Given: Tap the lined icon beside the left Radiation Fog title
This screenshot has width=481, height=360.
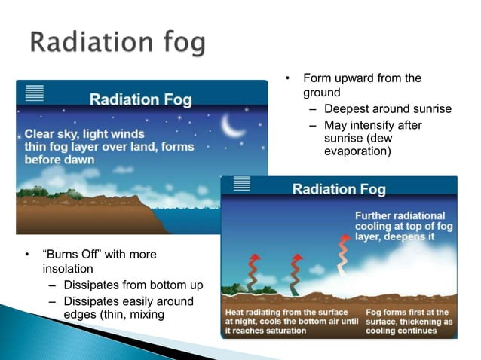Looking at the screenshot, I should (35, 93).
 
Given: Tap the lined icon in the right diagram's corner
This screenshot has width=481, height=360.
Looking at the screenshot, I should (242, 184).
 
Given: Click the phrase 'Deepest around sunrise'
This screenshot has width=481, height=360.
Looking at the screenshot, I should (388, 109).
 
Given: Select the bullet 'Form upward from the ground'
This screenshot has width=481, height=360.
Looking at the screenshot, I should (362, 85).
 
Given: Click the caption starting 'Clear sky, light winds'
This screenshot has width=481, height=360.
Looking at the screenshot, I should (109, 146).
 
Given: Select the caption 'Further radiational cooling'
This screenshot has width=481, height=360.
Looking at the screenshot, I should (400, 227).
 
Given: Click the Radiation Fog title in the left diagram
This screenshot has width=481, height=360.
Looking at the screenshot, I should (141, 99).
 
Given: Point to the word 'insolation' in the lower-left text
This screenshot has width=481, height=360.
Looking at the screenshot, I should (68, 268).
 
